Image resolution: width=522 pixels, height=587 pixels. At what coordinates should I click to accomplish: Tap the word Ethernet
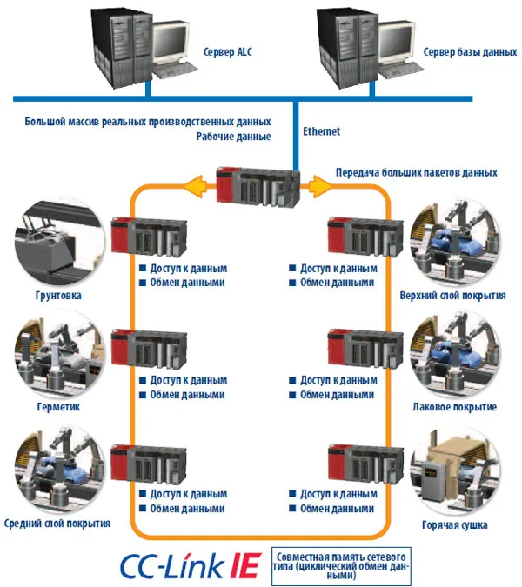coord(322,131)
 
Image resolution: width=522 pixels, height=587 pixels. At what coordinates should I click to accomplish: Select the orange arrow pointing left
coord(201,184)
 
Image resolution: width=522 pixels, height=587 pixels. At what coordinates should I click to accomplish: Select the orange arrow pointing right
coord(321,184)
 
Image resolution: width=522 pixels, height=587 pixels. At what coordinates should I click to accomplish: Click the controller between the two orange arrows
coord(260,183)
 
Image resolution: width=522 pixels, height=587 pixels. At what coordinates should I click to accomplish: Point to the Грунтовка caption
coord(59,296)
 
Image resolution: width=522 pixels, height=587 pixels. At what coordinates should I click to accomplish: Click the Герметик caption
coord(59,407)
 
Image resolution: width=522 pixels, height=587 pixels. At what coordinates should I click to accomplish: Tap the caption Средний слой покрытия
coord(59,524)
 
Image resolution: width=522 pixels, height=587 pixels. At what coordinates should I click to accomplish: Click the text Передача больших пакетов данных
coord(417,172)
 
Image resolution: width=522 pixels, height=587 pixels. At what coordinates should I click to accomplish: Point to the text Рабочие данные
coord(233,137)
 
